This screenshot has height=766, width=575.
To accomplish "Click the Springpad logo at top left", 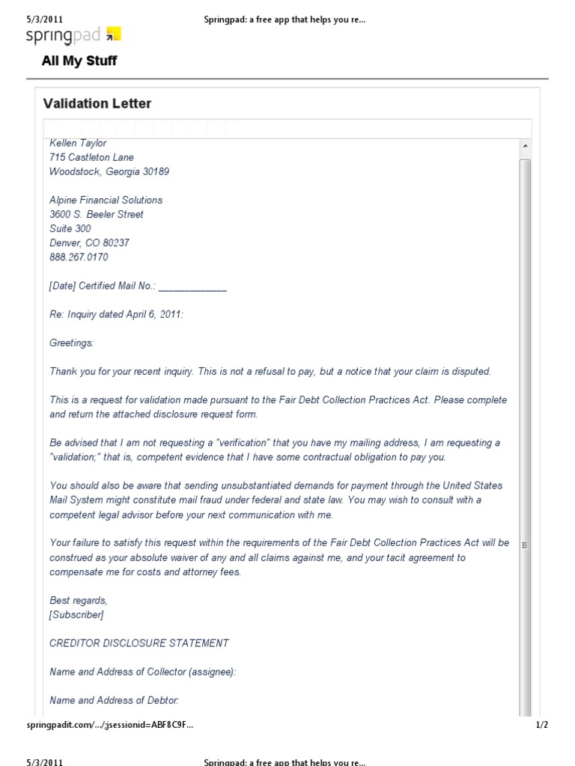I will point(73,34).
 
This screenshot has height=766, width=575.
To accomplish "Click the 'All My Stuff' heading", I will point(79,61).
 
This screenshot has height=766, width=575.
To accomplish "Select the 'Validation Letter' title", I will point(97,103).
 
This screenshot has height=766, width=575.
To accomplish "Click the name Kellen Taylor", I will point(78,143).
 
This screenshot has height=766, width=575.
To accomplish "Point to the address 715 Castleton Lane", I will point(91,157).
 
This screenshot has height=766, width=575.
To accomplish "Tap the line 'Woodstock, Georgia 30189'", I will point(109,171).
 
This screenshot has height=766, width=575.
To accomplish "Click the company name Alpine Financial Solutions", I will point(106,200).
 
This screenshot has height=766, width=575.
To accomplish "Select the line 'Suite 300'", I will point(70,229).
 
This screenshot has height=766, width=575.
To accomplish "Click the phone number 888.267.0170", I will point(79,257).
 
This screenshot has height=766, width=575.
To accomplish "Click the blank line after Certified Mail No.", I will point(192,287).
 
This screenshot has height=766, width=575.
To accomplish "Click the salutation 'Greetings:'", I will point(72,343).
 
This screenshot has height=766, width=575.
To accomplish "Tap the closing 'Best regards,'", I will point(79,601).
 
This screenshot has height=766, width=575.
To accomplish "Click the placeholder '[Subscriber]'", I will point(76,615).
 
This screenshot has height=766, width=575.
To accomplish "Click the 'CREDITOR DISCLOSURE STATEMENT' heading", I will point(139,643).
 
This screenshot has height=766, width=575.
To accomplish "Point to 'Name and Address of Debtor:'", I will point(115,701).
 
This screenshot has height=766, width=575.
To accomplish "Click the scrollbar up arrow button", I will point(525,145).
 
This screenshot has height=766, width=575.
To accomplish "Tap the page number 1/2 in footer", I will point(542,725).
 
